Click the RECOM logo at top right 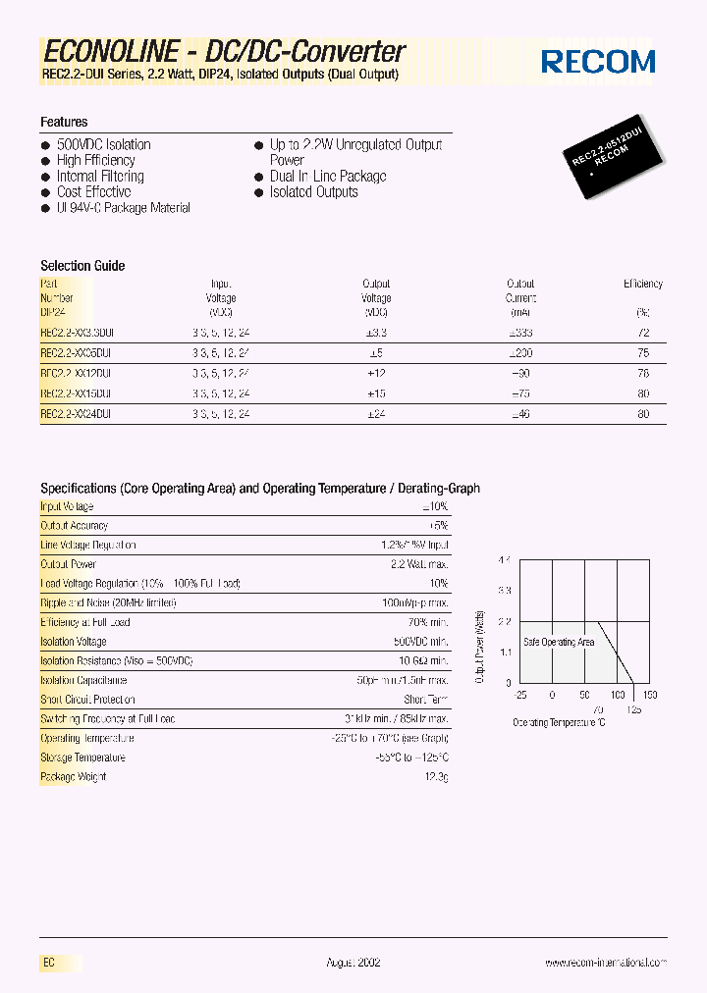(598, 62)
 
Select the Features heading (64, 122)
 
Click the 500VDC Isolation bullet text (103, 144)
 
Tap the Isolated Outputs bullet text (313, 192)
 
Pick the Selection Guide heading (82, 266)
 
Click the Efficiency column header (643, 285)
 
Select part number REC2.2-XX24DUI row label (76, 414)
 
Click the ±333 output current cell (520, 333)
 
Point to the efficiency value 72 (643, 333)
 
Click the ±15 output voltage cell (376, 393)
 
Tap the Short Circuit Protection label (87, 700)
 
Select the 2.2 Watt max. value (419, 564)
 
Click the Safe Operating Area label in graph (559, 642)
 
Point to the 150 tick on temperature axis (650, 695)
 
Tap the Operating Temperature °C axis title (559, 722)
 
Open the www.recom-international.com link (606, 964)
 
